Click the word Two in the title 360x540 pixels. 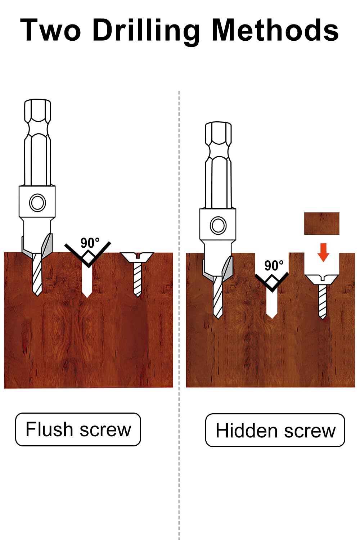tap(50, 30)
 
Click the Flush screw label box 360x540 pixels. tap(78, 429)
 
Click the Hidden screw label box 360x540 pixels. tap(275, 430)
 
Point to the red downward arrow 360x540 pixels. tap(323, 252)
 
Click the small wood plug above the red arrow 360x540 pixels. tap(322, 224)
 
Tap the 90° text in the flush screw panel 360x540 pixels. tap(90, 243)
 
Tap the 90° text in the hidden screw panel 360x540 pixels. tap(274, 265)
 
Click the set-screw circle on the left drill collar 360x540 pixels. tap(37, 202)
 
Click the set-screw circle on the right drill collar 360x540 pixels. tap(218, 225)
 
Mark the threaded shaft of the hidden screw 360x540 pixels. tap(322, 302)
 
